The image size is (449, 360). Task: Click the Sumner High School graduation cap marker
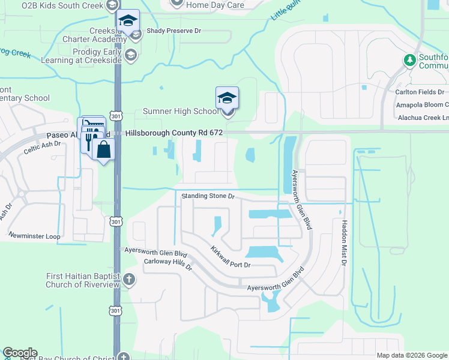tap(227, 98)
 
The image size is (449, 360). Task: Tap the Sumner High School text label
tap(180, 112)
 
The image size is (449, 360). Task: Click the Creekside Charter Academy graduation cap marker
tap(127, 21)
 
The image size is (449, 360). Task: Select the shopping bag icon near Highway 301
tap(104, 150)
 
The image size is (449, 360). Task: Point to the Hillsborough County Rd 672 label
tap(174, 133)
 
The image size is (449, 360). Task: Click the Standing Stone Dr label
tap(208, 196)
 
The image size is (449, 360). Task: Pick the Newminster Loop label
tap(35, 236)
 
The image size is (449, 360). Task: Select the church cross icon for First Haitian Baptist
tap(129, 279)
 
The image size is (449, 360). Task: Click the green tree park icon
tap(410, 60)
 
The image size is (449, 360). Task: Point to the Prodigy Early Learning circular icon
tap(131, 55)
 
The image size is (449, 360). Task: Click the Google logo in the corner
tap(20, 353)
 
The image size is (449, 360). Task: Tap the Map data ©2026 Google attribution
tap(412, 355)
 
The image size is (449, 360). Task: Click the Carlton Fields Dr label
tap(420, 92)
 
